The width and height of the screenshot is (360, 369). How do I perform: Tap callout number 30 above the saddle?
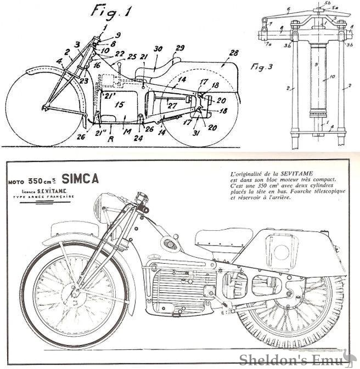[x=158, y=49]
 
